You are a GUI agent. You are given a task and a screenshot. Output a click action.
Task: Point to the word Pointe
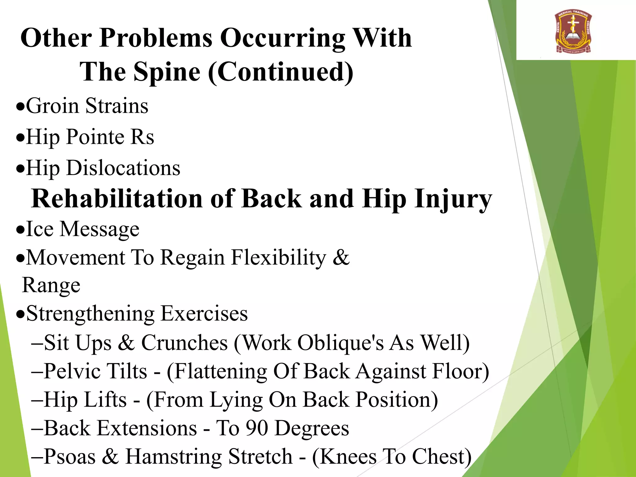[95, 137]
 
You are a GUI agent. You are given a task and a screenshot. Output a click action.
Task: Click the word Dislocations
[123, 168]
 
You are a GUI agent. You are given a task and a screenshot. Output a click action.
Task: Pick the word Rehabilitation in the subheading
[117, 199]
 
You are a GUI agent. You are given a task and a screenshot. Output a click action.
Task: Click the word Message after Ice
[99, 229]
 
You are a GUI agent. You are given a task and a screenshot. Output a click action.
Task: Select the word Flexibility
[279, 258]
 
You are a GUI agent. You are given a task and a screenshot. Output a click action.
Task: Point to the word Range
[51, 285]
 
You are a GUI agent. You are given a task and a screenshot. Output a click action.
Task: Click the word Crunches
[184, 343]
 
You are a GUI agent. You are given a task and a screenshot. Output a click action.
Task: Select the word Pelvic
[74, 371]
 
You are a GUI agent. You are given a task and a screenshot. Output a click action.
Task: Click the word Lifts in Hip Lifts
[105, 400]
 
